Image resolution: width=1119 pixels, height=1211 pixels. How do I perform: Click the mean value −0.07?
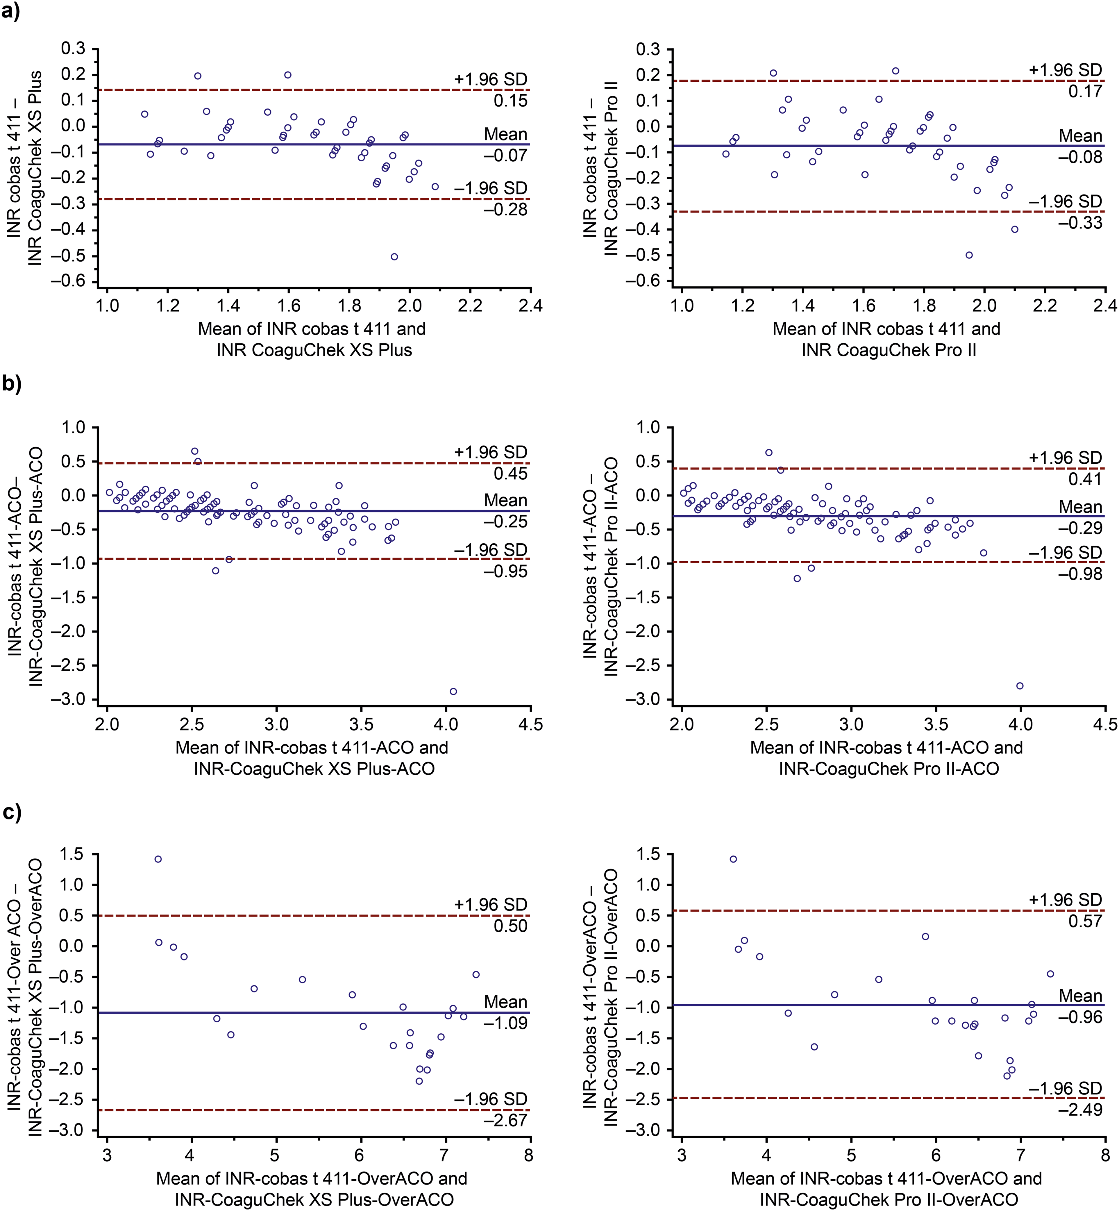505,156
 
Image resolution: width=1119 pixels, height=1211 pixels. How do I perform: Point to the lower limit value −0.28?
505,210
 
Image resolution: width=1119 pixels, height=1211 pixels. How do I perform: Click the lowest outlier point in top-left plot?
394,257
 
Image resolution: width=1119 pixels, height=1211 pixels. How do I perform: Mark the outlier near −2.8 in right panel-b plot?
1020,686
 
